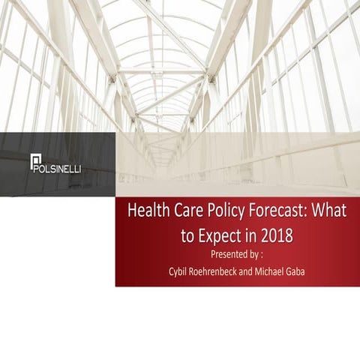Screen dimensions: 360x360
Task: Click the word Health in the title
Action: pos(148,211)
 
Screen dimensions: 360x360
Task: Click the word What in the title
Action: pos(330,211)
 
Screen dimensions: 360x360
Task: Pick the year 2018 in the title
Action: pos(274,235)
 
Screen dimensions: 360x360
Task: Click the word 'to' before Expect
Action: pos(189,235)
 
